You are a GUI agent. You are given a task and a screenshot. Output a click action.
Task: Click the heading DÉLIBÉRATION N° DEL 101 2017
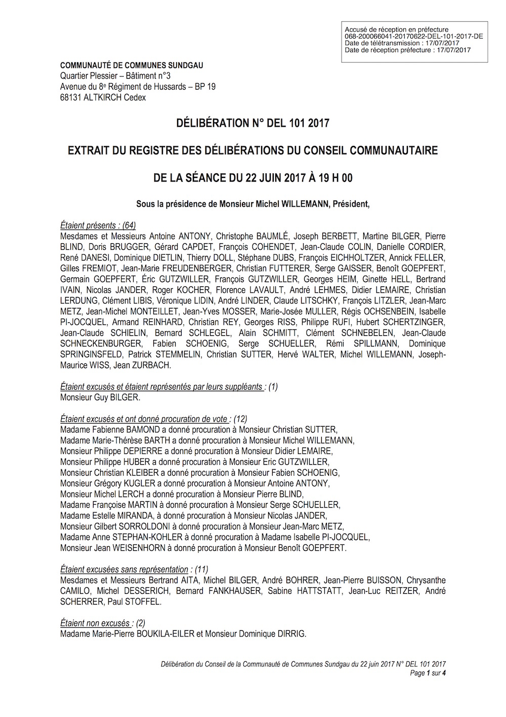pyautogui.click(x=252, y=123)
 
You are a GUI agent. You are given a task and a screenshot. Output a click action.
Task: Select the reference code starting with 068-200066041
pyautogui.click(x=413, y=36)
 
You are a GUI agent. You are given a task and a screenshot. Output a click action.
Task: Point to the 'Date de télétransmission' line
pyautogui.click(x=402, y=43)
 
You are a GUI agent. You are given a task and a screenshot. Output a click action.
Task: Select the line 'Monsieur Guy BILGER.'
pyautogui.click(x=100, y=397)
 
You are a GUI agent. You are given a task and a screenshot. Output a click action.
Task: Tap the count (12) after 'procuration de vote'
pyautogui.click(x=240, y=419)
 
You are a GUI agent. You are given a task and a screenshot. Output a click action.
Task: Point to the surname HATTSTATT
pyautogui.click(x=319, y=591)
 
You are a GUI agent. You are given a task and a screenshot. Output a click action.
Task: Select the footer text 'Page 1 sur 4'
pyautogui.click(x=428, y=673)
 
